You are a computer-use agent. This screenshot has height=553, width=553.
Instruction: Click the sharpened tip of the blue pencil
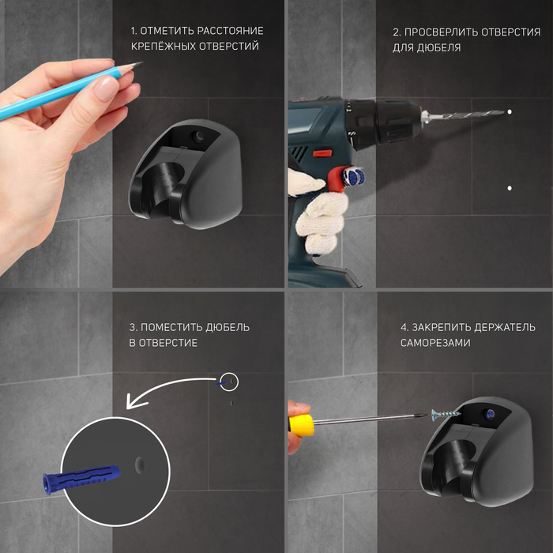click(141, 62)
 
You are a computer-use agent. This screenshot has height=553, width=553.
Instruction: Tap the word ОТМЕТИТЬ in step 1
click(167, 31)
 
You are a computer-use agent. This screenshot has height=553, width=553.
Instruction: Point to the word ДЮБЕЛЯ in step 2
click(438, 47)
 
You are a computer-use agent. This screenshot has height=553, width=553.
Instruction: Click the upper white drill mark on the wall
click(510, 112)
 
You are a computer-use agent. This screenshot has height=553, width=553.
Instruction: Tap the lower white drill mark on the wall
click(510, 188)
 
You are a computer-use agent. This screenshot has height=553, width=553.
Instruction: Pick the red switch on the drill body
click(322, 153)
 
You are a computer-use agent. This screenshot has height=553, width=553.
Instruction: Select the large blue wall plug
click(81, 478)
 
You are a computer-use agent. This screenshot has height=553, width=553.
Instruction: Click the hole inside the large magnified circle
click(139, 465)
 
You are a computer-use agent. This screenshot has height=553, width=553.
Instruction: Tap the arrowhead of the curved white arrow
click(135, 401)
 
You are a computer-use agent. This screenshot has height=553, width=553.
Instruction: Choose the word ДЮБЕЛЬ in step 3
click(228, 328)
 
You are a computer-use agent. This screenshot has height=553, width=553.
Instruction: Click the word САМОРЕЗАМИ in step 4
click(435, 343)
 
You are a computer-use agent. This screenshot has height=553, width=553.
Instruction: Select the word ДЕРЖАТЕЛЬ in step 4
click(504, 328)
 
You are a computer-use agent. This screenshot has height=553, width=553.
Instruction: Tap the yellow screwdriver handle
click(301, 425)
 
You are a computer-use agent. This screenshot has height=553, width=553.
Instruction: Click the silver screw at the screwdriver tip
click(446, 414)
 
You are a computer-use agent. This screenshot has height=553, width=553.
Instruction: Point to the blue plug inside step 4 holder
click(491, 414)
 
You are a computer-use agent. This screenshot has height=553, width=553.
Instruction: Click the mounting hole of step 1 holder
click(198, 136)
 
